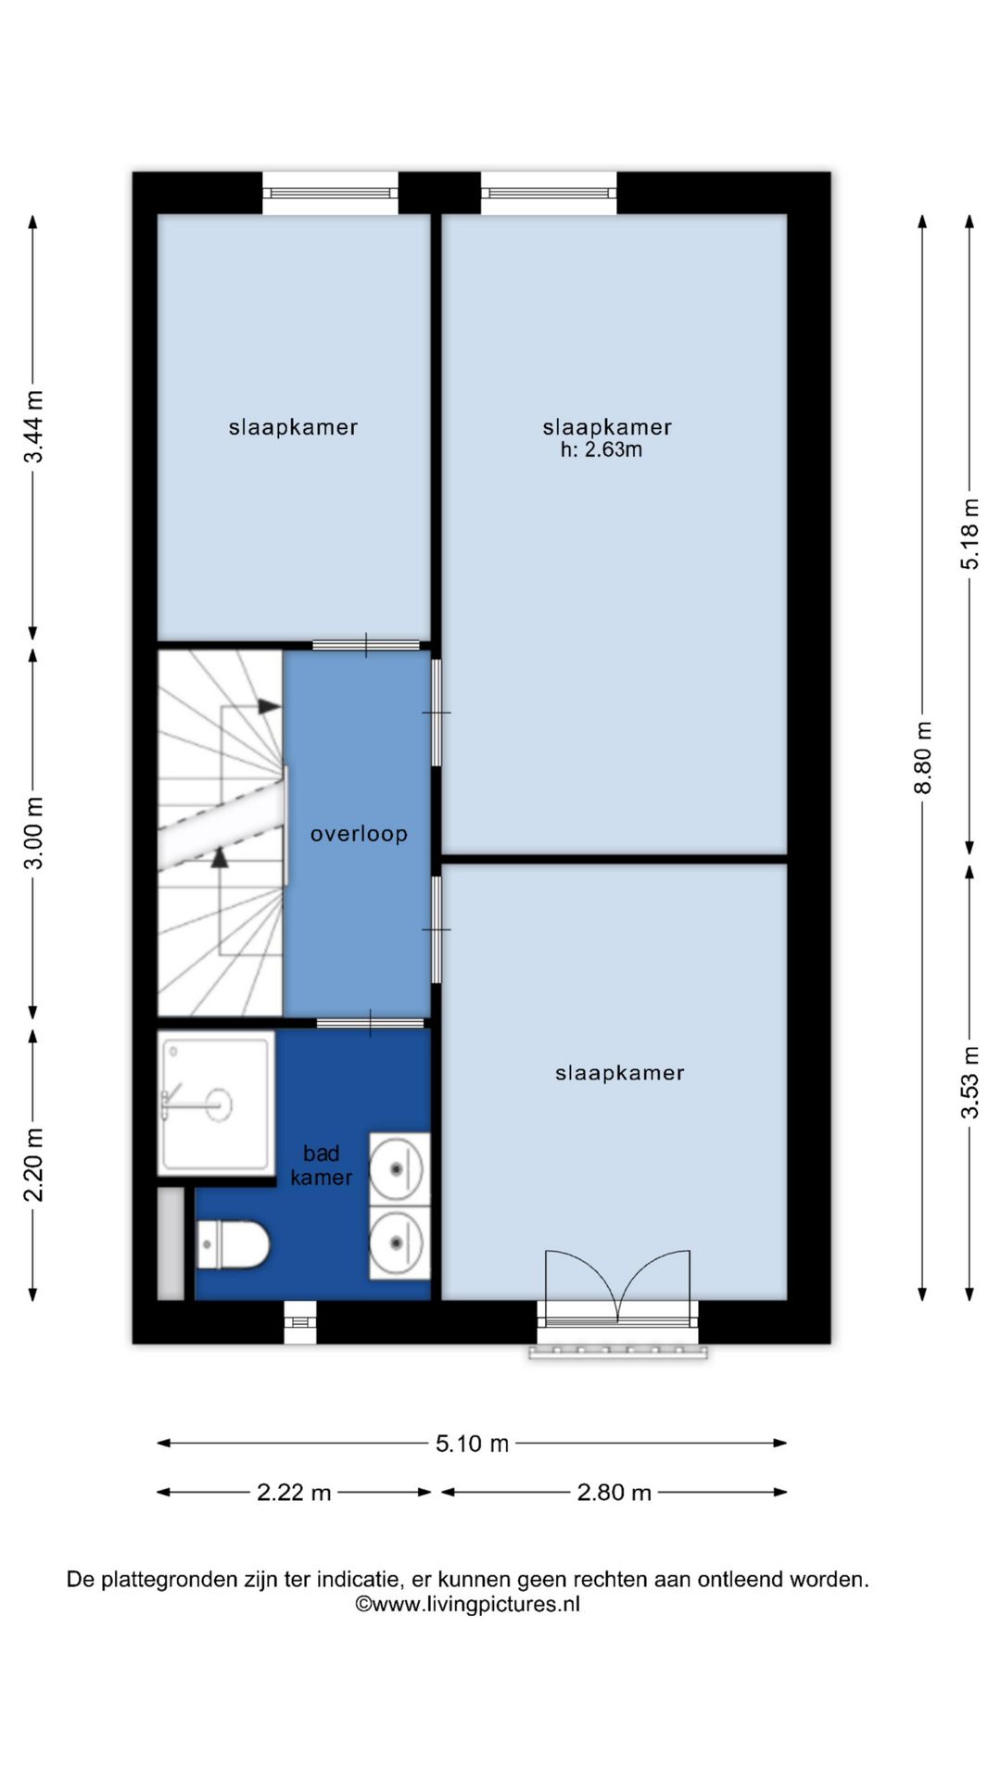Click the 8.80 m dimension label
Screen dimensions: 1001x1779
(923, 757)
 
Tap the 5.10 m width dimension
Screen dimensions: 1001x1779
(473, 1444)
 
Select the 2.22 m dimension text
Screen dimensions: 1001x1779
(294, 1493)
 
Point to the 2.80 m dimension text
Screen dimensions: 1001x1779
(614, 1493)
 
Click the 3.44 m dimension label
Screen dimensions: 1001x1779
(33, 427)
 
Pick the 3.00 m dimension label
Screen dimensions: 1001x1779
(33, 833)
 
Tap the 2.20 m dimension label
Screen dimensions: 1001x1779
(33, 1165)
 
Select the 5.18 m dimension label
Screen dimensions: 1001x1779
(969, 534)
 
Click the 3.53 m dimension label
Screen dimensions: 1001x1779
(969, 1082)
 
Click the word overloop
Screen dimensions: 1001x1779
(359, 834)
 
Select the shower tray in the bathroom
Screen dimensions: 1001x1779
(217, 1104)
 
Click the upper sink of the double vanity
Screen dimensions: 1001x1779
(399, 1168)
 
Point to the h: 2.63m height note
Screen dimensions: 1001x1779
(601, 450)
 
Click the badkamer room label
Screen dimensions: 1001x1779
(322, 1166)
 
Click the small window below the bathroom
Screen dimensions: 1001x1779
(299, 1322)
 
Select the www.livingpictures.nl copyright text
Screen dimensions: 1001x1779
(468, 1605)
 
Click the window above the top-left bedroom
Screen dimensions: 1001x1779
(330, 194)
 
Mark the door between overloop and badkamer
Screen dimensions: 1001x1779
(371, 1024)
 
